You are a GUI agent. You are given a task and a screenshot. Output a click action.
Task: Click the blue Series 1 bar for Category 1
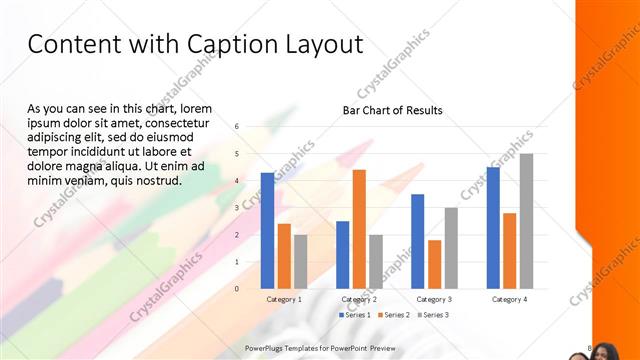coord(267,231)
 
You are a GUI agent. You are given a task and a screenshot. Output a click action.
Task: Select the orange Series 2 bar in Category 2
coord(359,229)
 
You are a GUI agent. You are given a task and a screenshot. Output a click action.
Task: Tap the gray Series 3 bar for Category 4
coord(526,221)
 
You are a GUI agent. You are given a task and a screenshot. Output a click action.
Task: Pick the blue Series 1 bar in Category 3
coord(417,241)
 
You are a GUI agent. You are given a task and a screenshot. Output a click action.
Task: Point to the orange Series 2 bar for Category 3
coord(434,264)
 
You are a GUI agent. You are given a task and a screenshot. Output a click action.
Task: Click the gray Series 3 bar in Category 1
coord(301,261)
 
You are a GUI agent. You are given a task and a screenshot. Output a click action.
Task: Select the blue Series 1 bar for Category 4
coord(492,227)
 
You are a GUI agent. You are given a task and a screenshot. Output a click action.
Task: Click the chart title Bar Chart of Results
coord(392,110)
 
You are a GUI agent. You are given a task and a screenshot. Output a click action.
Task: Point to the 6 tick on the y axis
coord(237,127)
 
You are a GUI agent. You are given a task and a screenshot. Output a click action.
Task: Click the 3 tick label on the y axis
coord(237,208)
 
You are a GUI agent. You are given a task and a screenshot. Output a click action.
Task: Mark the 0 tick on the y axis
coord(237,289)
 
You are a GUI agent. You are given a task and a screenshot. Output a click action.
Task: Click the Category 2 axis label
coord(359,299)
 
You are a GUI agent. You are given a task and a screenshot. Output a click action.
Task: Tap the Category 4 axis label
coord(509,299)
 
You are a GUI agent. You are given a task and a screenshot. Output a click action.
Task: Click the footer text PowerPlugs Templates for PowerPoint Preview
coord(321,348)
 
